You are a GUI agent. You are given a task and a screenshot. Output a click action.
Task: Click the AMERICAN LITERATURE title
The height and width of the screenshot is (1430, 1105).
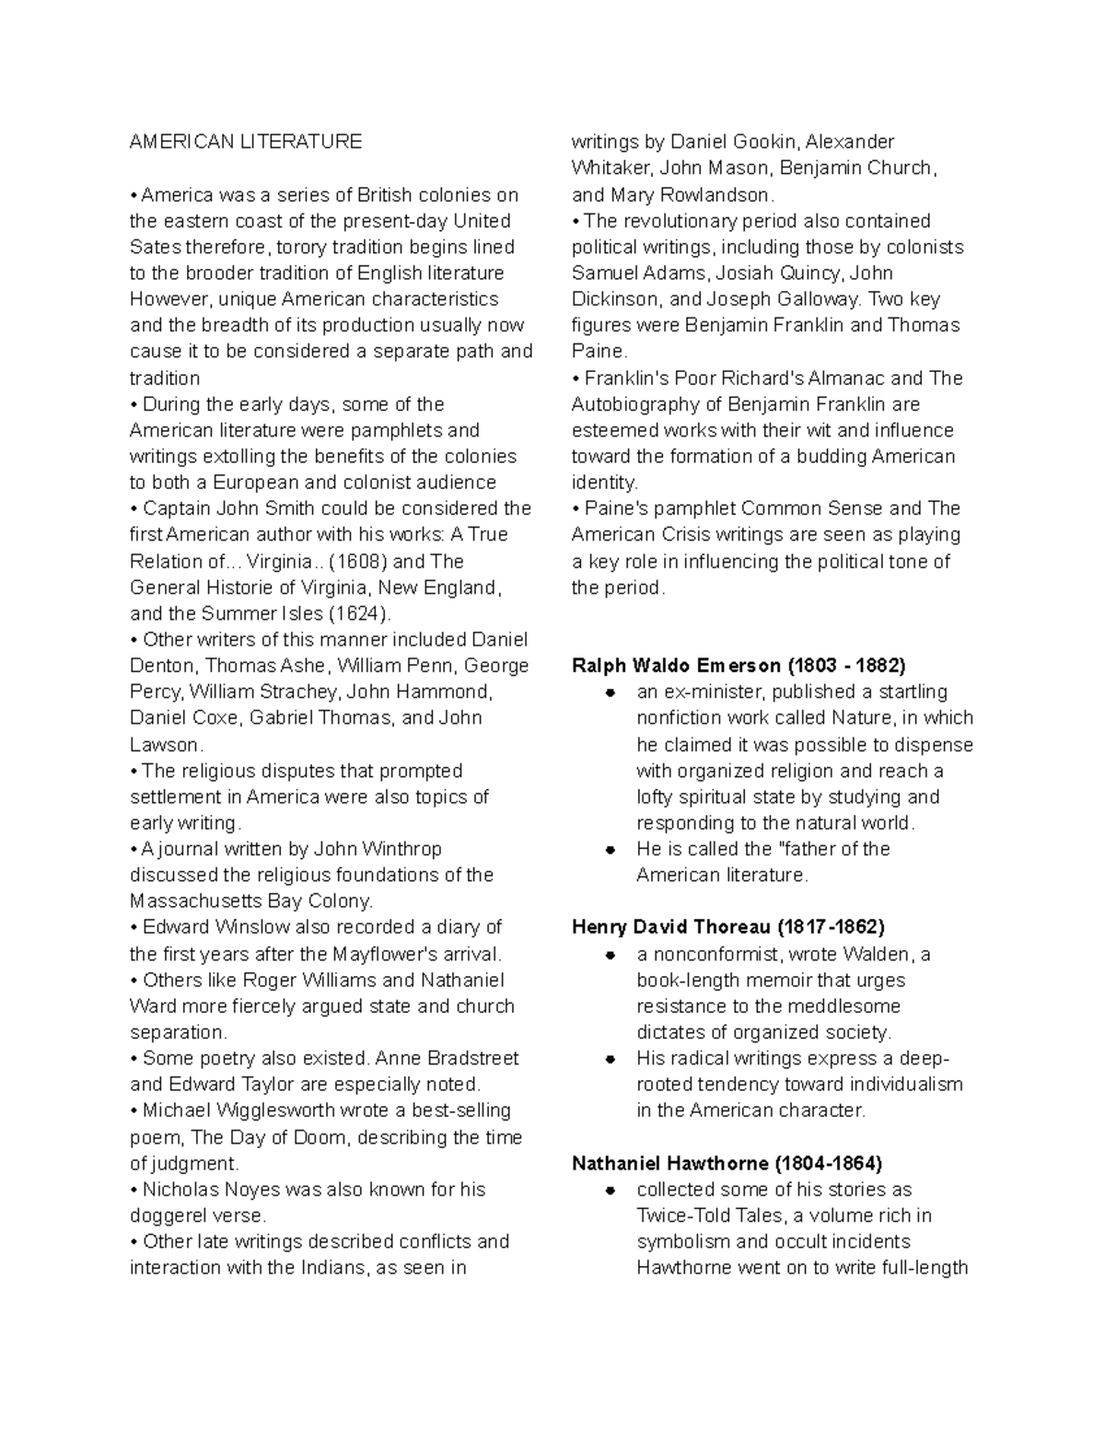pyautogui.click(x=246, y=142)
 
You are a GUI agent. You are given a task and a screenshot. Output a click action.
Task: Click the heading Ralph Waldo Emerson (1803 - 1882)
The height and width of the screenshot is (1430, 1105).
pyautogui.click(x=739, y=665)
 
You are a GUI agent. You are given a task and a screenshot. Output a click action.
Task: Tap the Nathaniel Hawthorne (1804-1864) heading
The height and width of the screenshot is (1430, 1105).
pyautogui.click(x=727, y=1163)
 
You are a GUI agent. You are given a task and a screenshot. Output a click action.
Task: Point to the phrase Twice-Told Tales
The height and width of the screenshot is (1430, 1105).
pyautogui.click(x=707, y=1215)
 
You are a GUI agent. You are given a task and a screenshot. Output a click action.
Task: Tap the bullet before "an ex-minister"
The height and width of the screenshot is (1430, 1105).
pyautogui.click(x=609, y=692)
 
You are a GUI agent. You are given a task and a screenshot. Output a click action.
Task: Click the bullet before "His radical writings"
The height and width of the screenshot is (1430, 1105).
pyautogui.click(x=609, y=1059)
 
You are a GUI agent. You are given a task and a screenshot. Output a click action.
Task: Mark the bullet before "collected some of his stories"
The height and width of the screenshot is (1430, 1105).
pyautogui.click(x=609, y=1190)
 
